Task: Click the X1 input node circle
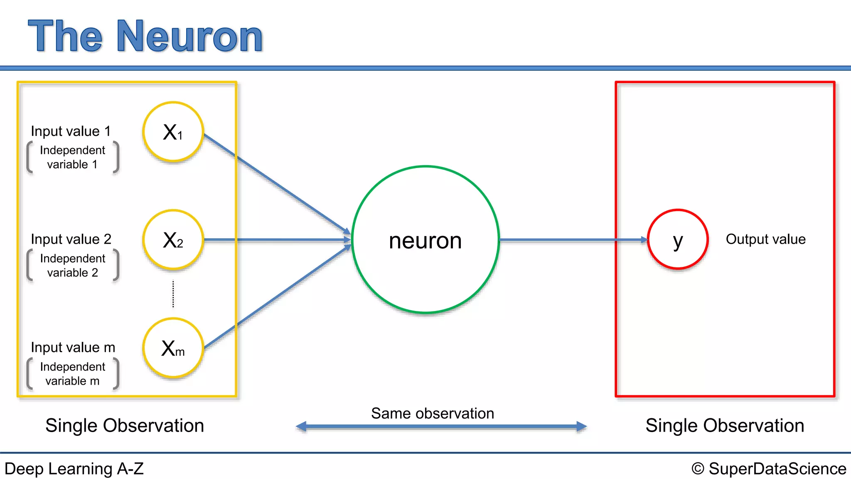click(173, 132)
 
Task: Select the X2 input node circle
click(173, 240)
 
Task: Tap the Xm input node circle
click(173, 348)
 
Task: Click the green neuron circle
click(425, 240)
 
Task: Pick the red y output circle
click(678, 239)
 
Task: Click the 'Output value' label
click(765, 239)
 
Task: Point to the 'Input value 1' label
click(71, 131)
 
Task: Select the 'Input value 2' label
click(71, 239)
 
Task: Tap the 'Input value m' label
click(73, 347)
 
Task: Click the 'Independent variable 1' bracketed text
click(72, 157)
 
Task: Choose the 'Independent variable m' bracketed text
click(72, 374)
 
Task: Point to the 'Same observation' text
click(433, 413)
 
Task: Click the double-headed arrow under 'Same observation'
click(441, 426)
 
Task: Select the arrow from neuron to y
click(573, 240)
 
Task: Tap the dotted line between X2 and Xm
click(173, 294)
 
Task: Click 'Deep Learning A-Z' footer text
click(74, 469)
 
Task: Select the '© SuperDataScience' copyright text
click(769, 469)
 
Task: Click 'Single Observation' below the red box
click(725, 425)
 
